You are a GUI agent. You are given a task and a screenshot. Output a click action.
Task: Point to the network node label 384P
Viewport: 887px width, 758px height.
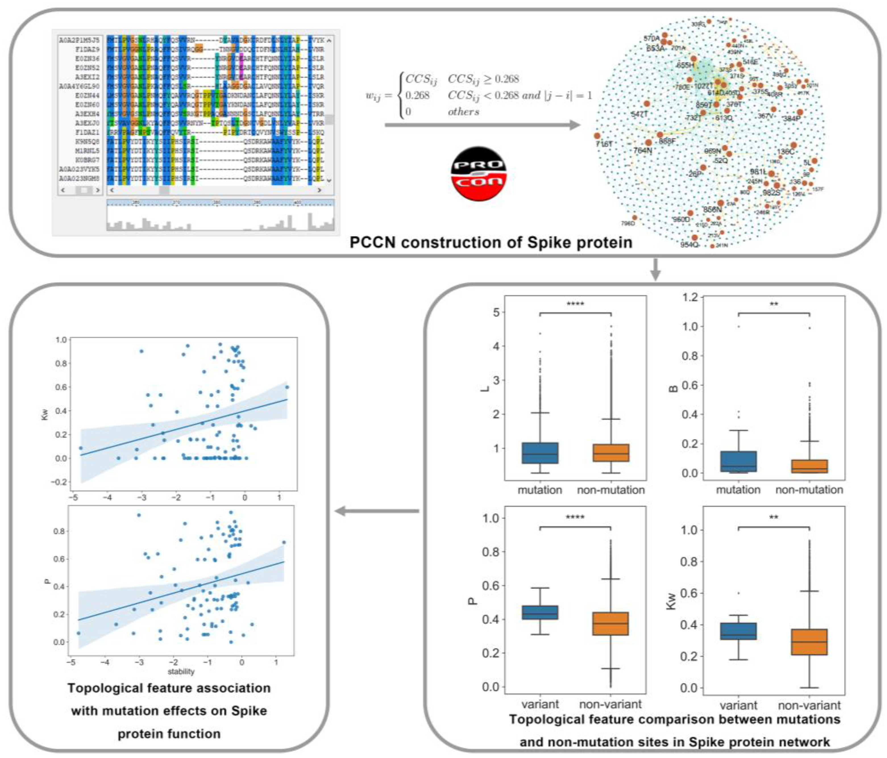[x=792, y=118]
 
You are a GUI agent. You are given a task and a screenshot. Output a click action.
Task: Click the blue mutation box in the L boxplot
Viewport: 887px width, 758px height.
[x=540, y=453]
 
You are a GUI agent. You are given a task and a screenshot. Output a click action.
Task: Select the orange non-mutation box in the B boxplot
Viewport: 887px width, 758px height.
[x=809, y=466]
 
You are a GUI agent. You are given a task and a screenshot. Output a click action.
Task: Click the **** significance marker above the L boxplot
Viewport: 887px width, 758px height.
[x=575, y=304]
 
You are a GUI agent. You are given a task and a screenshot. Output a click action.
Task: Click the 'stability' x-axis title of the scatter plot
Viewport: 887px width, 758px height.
[x=181, y=672]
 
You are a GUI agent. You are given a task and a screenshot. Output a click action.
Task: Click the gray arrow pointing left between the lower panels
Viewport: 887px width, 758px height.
[x=377, y=511]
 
